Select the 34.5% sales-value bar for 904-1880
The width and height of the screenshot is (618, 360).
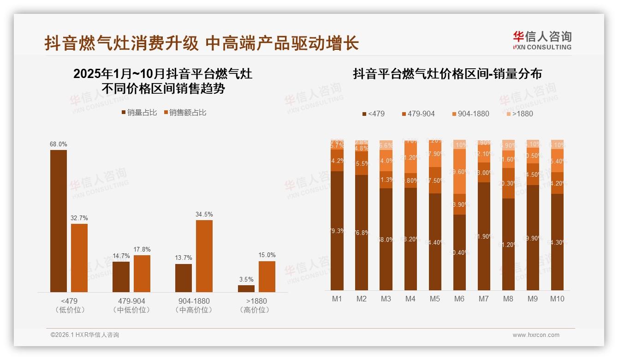pyautogui.click(x=204, y=256)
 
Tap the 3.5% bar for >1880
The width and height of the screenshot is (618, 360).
pyautogui.click(x=246, y=288)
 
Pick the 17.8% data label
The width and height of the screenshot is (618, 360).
pyautogui.click(x=142, y=249)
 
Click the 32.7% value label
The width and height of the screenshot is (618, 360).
pyautogui.click(x=79, y=218)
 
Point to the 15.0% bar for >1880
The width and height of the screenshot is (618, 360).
pyautogui.click(x=267, y=276)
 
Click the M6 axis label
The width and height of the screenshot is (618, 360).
pyautogui.click(x=459, y=299)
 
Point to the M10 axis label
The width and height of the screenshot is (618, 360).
pyautogui.click(x=557, y=299)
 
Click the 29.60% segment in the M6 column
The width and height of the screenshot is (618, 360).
pyautogui.click(x=459, y=171)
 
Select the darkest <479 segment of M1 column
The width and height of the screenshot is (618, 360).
pyautogui.click(x=337, y=231)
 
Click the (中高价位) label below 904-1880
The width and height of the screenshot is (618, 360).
pyautogui.click(x=194, y=310)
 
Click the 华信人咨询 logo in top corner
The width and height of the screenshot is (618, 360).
pyautogui.click(x=542, y=40)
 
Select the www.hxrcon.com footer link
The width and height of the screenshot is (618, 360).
pyautogui.click(x=536, y=335)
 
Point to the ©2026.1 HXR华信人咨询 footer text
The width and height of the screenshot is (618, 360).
pyautogui.click(x=85, y=335)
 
